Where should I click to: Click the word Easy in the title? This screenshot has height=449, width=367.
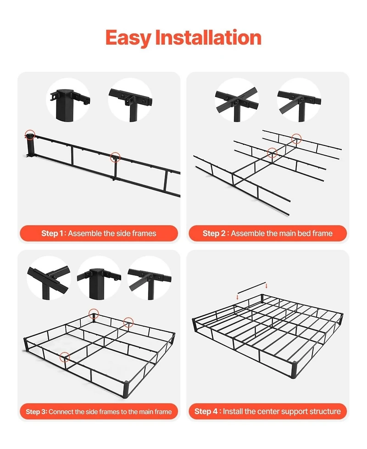[x=128, y=38]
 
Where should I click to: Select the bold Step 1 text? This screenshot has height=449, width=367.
[x=52, y=234]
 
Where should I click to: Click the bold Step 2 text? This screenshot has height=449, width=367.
[x=214, y=234]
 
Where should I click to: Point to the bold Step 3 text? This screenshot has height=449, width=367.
[x=36, y=412]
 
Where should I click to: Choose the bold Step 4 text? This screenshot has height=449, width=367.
[x=206, y=411]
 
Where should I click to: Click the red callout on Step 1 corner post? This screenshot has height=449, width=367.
[x=30, y=135]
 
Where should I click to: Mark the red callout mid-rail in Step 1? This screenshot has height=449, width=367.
[x=115, y=157]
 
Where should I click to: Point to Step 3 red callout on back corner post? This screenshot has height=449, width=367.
[x=94, y=314]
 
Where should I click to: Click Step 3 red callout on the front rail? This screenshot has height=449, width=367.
[x=65, y=356]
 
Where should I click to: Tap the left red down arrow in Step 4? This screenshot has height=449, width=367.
[x=238, y=297]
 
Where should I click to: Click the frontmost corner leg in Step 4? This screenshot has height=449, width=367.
[x=294, y=370]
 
